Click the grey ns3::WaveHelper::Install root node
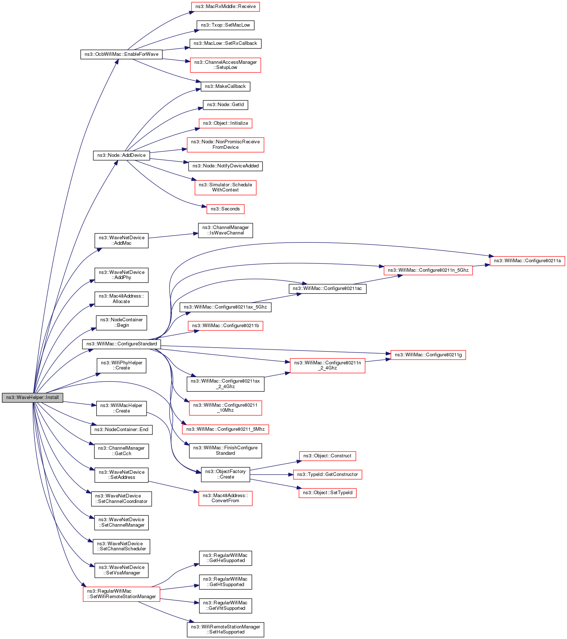click(x=32, y=398)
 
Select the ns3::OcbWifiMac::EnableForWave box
click(x=121, y=54)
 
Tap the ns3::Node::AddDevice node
click(x=121, y=155)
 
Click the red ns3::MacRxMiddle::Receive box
click(x=225, y=7)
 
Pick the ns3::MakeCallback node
click(x=225, y=86)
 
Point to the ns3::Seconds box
click(x=225, y=209)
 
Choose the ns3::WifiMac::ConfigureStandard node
click(x=121, y=344)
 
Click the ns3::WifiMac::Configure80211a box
click(x=527, y=261)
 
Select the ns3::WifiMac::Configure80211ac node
click(x=327, y=288)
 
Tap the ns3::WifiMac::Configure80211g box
click(x=428, y=355)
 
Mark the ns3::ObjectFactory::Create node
click(x=225, y=474)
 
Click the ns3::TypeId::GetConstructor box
click(x=327, y=475)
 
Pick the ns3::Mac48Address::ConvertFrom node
click(x=225, y=498)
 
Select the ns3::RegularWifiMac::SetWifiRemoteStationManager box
click(x=121, y=594)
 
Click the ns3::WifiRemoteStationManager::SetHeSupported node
click(x=225, y=630)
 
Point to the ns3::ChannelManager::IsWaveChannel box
click(x=225, y=230)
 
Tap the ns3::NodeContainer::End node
click(x=121, y=430)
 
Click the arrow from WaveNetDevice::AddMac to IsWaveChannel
click(x=171, y=236)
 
